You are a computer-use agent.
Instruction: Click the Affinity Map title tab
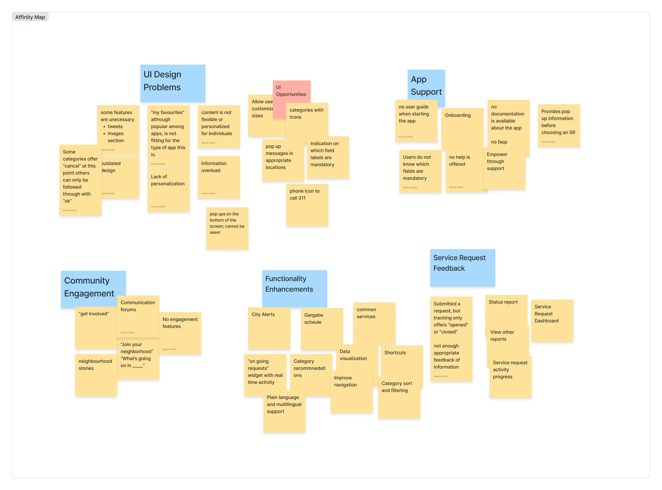(30, 17)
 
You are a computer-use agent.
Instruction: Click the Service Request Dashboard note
(552, 320)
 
